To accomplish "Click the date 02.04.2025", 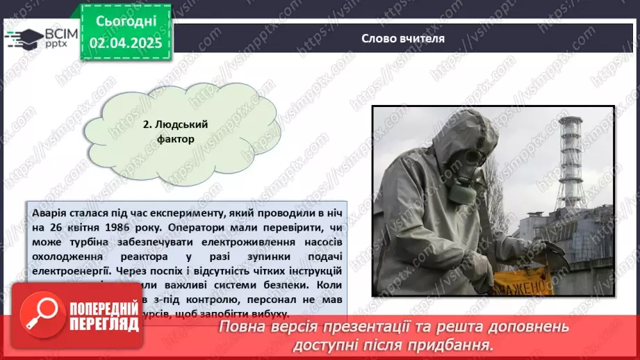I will pos(126,43).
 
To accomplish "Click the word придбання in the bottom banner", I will pos(457,345).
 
